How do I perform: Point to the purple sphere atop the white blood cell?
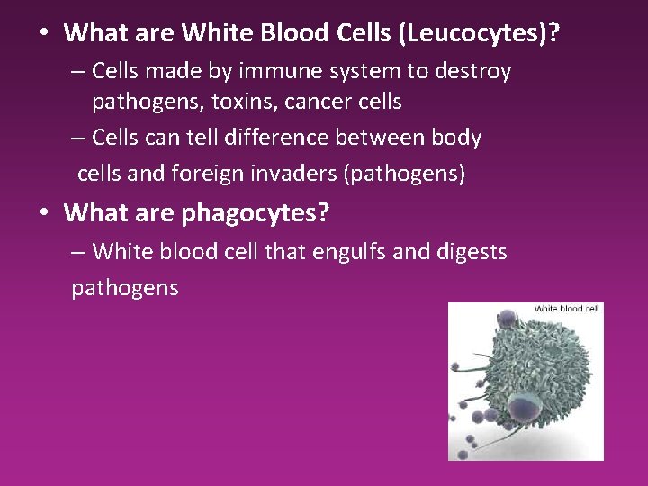507,319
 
